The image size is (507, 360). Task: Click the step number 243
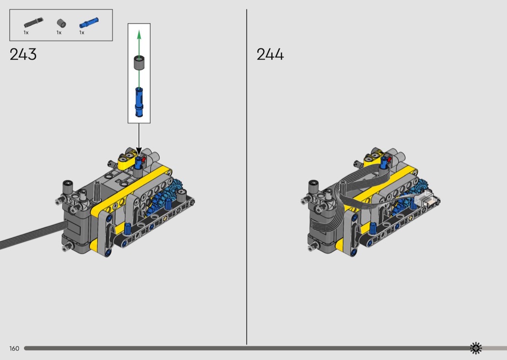[23, 55]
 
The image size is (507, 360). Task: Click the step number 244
[270, 55]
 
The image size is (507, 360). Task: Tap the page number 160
[14, 348]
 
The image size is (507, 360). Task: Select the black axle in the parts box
[33, 23]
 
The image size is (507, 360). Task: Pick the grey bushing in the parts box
[61, 23]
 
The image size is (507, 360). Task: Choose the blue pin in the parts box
[89, 23]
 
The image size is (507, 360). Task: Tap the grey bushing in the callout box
[139, 63]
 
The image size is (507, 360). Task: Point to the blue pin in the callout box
[139, 102]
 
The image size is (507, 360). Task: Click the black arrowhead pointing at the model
[139, 152]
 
